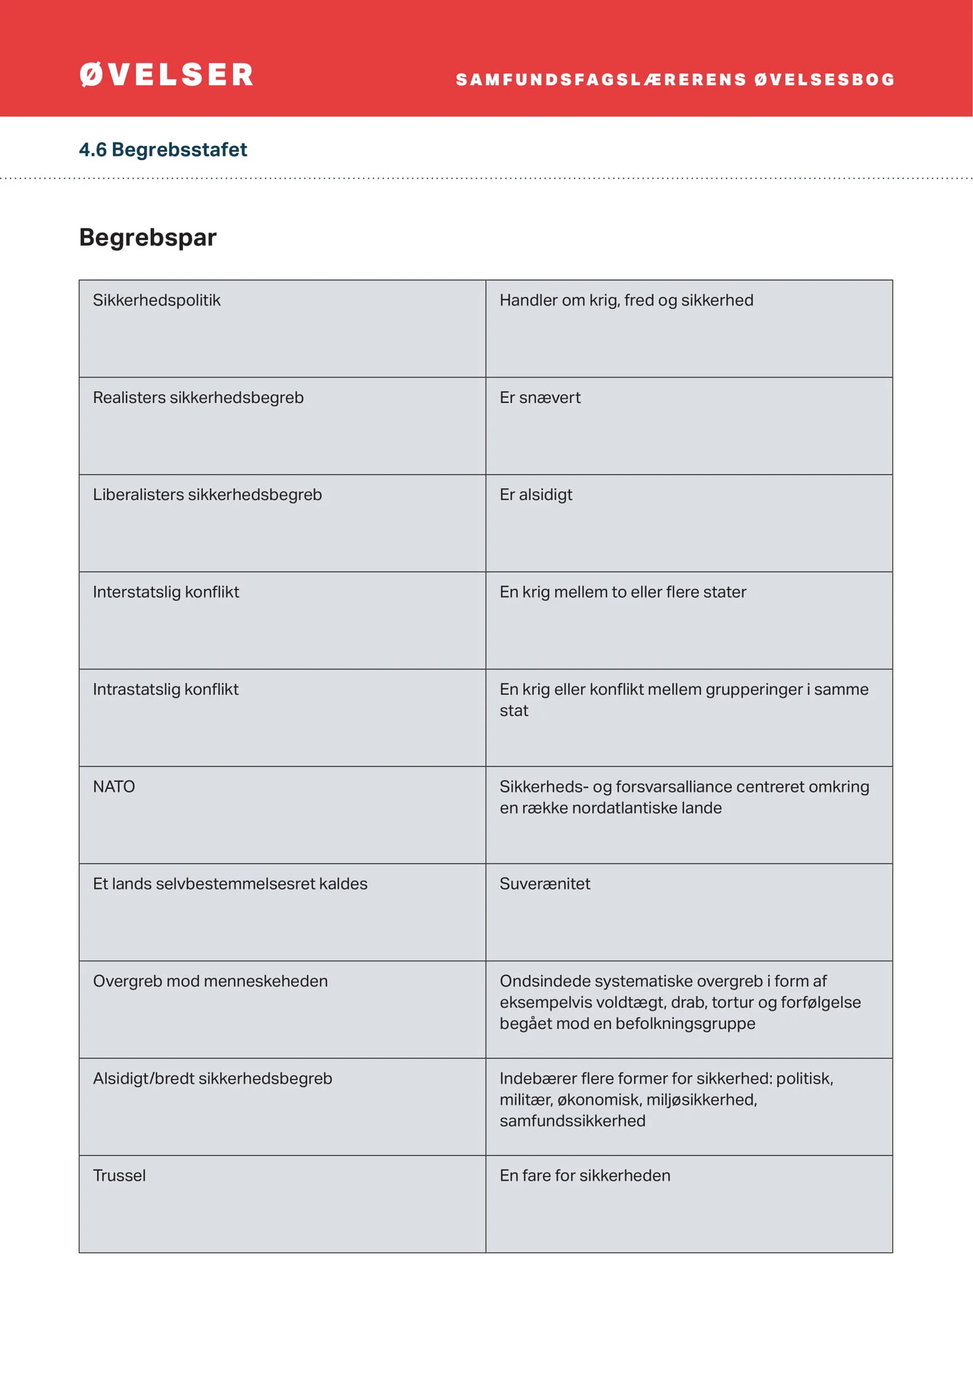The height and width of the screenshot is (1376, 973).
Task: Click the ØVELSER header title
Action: pyautogui.click(x=166, y=75)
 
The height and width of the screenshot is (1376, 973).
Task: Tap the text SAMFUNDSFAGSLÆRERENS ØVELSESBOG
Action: pyautogui.click(x=675, y=80)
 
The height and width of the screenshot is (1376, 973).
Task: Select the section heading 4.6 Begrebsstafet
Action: pyautogui.click(x=163, y=150)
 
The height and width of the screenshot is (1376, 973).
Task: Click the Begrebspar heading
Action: pyautogui.click(x=148, y=237)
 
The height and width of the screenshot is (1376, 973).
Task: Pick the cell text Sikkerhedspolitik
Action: pyautogui.click(x=156, y=300)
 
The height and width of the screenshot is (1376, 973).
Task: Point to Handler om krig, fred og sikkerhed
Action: pyautogui.click(x=626, y=300)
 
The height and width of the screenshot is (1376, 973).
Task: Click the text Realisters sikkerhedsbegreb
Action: pyautogui.click(x=198, y=398)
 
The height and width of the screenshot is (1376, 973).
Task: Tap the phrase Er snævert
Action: pyautogui.click(x=540, y=398)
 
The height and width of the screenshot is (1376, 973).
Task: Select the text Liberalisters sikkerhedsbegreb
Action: pyautogui.click(x=207, y=495)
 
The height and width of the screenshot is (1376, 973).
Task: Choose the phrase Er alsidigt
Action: pyautogui.click(x=536, y=495)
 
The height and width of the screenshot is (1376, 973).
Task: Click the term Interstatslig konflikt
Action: pyautogui.click(x=166, y=592)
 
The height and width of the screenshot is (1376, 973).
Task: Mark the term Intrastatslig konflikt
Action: pyautogui.click(x=165, y=690)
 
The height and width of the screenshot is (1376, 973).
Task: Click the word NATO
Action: pyautogui.click(x=114, y=787)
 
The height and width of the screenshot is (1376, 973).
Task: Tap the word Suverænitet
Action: pyautogui.click(x=545, y=884)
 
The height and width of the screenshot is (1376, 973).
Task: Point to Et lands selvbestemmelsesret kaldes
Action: pyautogui.click(x=230, y=884)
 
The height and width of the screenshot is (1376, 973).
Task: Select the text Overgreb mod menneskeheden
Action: pyautogui.click(x=210, y=981)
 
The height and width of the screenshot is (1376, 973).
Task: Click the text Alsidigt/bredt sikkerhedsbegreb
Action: pyautogui.click(x=212, y=1079)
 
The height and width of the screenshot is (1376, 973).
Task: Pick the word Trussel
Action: pyautogui.click(x=119, y=1176)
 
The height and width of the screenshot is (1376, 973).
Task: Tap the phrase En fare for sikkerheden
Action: pyautogui.click(x=585, y=1176)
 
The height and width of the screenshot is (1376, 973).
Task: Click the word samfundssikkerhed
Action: pyautogui.click(x=572, y=1121)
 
